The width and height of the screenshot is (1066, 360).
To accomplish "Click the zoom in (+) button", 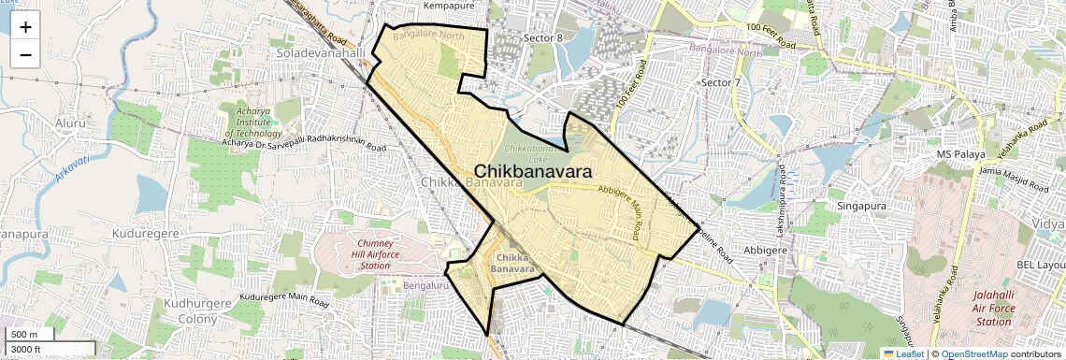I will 25,27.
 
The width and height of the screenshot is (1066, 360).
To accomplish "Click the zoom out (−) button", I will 25,54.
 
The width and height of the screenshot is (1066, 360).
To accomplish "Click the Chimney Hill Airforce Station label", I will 361,254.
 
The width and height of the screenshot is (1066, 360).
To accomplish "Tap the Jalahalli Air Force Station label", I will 992,309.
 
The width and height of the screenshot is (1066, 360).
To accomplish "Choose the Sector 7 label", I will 720,83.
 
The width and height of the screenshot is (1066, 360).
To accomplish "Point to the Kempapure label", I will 455,6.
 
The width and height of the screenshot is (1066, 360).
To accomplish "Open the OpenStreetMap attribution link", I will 973,353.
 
